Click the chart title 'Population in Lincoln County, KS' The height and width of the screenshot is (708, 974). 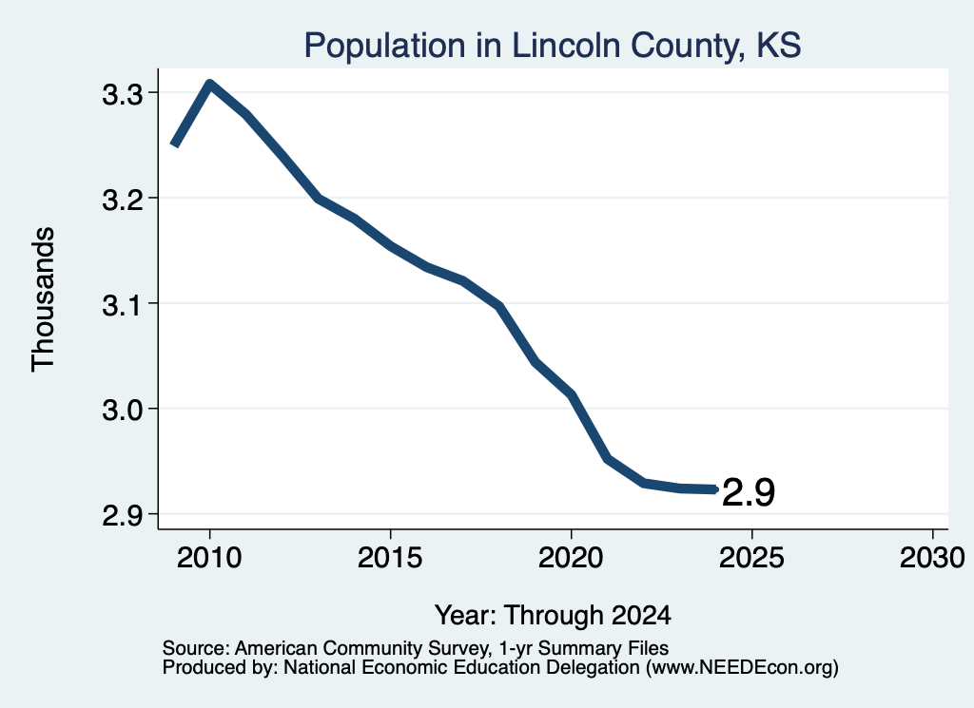click(553, 46)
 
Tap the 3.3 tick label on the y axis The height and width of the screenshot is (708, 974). click(123, 95)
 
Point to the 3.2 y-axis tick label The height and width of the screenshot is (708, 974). click(123, 200)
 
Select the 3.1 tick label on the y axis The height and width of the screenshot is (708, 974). click(123, 305)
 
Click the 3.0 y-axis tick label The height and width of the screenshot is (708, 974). click(123, 411)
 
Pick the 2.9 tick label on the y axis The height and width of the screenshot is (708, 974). click(123, 516)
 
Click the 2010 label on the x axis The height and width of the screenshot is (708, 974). click(209, 558)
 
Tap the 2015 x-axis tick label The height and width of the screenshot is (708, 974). click(390, 558)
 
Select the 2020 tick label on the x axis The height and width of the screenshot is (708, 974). click(571, 558)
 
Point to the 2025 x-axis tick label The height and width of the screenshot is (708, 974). click(751, 558)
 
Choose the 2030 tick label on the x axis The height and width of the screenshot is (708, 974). click(932, 558)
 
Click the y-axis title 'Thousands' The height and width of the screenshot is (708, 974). click(44, 299)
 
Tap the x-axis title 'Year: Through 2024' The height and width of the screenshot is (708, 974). click(553, 615)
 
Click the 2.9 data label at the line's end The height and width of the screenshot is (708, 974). click(749, 493)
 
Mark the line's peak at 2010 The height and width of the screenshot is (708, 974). click(210, 85)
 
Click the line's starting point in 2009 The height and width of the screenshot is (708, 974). click(175, 144)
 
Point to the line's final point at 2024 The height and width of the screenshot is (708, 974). click(715, 489)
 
